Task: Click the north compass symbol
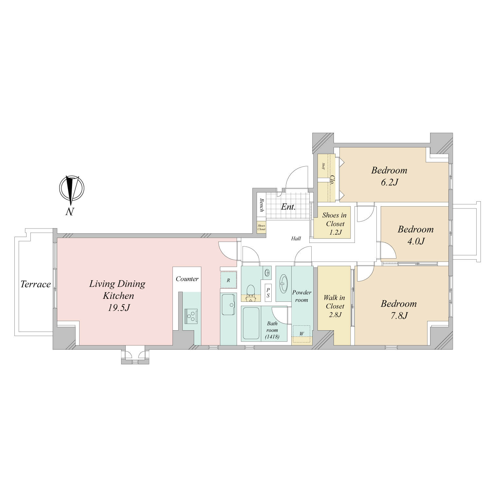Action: tap(72, 189)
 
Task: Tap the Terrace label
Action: tap(36, 284)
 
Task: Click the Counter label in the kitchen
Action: tap(187, 279)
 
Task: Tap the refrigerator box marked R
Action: tap(228, 280)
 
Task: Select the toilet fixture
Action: tap(251, 292)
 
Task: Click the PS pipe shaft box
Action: tap(268, 293)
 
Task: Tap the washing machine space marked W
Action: tap(301, 334)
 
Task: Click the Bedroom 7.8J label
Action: tap(399, 309)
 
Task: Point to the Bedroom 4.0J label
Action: tap(415, 235)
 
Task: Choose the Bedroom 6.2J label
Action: tap(389, 176)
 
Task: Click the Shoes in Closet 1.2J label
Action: tap(334, 224)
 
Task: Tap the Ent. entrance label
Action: tap(288, 207)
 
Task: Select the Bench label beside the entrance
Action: tap(262, 205)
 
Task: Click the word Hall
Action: tap(296, 239)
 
